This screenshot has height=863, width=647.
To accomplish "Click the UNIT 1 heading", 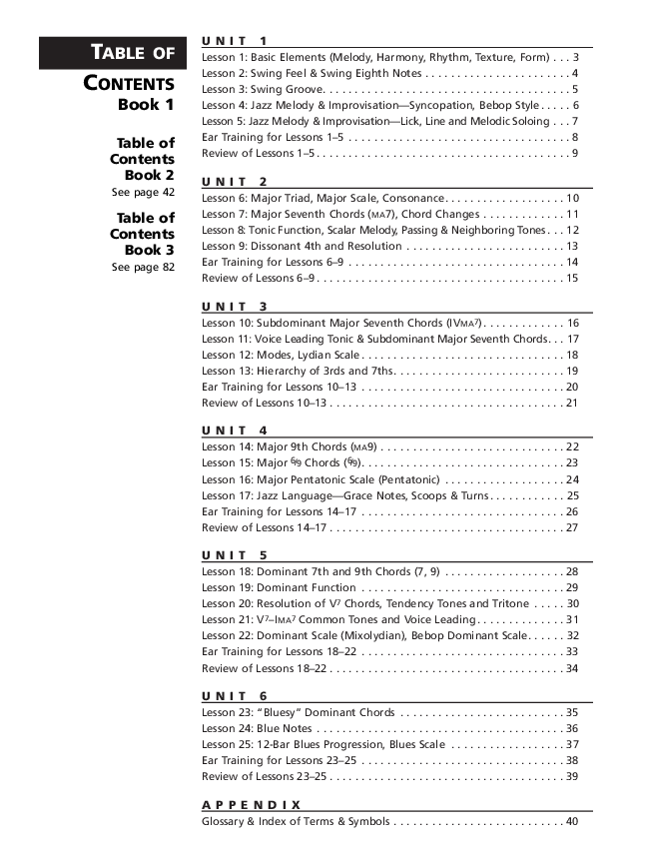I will (235, 41).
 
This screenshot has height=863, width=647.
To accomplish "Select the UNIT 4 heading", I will (235, 431).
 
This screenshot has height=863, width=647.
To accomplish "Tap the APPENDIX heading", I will (252, 804).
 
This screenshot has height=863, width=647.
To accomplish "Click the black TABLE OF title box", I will (109, 53).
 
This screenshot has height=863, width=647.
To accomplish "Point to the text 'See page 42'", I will (143, 192).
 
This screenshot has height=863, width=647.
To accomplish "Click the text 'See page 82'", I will (143, 267).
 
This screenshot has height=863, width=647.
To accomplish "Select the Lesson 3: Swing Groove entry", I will (262, 89).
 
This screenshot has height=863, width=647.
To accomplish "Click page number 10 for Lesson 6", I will (572, 198).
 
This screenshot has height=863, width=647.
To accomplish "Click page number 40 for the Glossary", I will (572, 821).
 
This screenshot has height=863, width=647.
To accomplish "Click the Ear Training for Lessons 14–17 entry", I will (279, 511).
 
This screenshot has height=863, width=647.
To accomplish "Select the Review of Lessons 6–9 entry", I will (259, 278).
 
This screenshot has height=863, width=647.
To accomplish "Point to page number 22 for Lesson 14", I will (572, 447).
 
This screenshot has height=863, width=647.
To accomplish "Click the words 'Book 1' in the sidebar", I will (147, 105).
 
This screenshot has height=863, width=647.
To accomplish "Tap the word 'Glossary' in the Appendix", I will (223, 821).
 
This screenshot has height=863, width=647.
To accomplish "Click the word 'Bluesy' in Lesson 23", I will (282, 712).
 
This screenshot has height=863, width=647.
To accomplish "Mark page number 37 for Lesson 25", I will (572, 744).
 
